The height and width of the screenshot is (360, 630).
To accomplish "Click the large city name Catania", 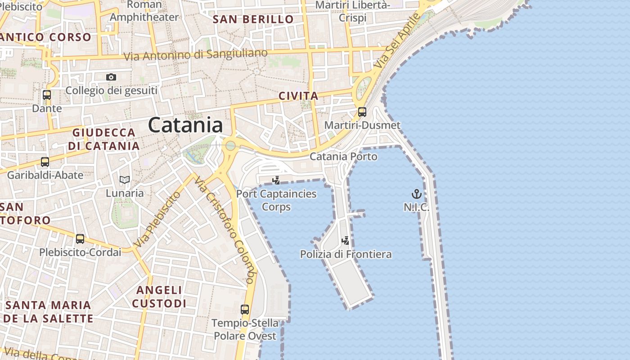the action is pyautogui.click(x=185, y=125).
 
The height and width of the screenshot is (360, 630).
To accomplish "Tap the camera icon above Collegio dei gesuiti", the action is pyautogui.click(x=111, y=77).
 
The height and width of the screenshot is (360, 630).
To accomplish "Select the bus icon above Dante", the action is pyautogui.click(x=47, y=95).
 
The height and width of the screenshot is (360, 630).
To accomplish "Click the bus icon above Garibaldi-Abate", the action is pyautogui.click(x=45, y=162).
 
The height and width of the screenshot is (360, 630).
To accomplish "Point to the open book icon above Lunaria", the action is pyautogui.click(x=125, y=180).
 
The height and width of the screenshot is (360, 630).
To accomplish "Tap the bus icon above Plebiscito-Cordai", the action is pyautogui.click(x=80, y=239).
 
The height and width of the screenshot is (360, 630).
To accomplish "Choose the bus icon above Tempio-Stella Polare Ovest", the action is pyautogui.click(x=245, y=310).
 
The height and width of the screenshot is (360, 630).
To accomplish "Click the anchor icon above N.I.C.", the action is pyautogui.click(x=417, y=194).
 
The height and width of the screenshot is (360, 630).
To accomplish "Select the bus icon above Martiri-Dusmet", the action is pyautogui.click(x=362, y=112).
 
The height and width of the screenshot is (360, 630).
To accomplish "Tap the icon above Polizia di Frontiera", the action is pyautogui.click(x=346, y=241).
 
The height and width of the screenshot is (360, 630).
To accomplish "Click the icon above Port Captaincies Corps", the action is pyautogui.click(x=276, y=180).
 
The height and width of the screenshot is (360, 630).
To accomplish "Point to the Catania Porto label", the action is pyautogui.click(x=343, y=157).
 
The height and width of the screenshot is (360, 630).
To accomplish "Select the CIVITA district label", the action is pyautogui.click(x=298, y=96).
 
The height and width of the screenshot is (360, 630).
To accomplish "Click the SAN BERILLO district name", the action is pyautogui.click(x=253, y=19).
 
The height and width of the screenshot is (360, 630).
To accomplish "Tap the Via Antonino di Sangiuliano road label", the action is pyautogui.click(x=195, y=55).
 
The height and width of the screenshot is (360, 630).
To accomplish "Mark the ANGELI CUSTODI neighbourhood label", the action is pyautogui.click(x=159, y=297).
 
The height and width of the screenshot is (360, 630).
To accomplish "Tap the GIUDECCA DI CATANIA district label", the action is pyautogui.click(x=104, y=139).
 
